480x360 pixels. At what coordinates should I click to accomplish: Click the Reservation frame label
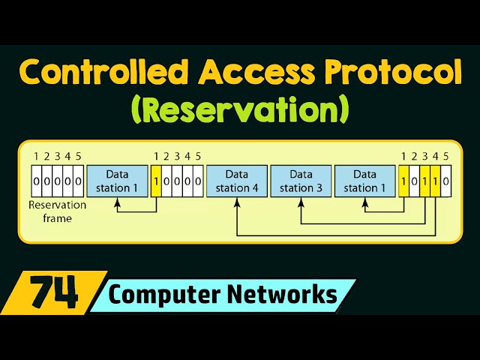(x=57, y=211)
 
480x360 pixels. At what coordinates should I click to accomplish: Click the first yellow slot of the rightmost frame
(x=404, y=182)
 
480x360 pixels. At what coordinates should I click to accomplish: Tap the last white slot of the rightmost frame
(x=446, y=182)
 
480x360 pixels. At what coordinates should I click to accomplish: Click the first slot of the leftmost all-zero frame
(x=36, y=182)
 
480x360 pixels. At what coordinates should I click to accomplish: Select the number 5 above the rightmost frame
(x=446, y=157)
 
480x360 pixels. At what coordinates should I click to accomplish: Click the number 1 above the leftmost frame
(x=36, y=157)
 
